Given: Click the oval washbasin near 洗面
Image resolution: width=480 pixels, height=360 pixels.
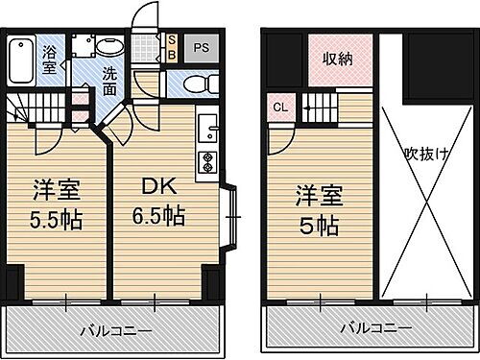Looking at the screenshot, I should tap(109, 47).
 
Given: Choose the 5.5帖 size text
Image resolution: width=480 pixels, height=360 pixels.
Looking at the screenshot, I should tap(55, 218).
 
